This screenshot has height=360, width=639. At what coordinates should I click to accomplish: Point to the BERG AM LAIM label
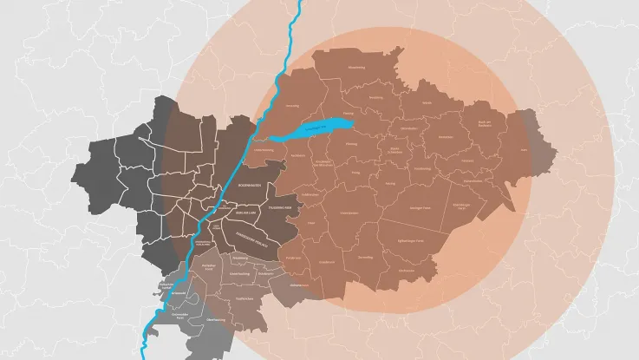coord(246,212)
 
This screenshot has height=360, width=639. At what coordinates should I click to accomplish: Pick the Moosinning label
coord(355,67)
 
